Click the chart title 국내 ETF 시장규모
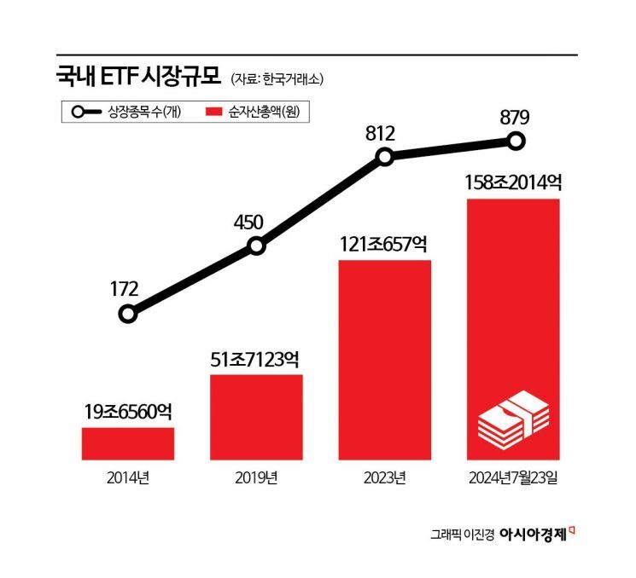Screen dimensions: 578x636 (x=137, y=78)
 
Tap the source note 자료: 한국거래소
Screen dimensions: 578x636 (x=277, y=79)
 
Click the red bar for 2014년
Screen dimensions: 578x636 (x=128, y=443)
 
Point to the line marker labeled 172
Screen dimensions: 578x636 (x=127, y=315)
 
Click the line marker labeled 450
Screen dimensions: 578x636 (x=256, y=247)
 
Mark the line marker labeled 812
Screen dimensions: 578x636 (x=385, y=157)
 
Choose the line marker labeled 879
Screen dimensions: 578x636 (x=514, y=141)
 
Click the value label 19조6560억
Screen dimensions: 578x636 (x=128, y=412)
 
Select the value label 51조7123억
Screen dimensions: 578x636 (x=256, y=358)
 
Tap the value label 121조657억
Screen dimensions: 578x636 (x=385, y=244)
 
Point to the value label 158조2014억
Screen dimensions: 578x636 (x=513, y=182)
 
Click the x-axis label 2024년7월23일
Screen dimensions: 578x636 (x=513, y=478)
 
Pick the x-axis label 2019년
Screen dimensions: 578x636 (x=256, y=478)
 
